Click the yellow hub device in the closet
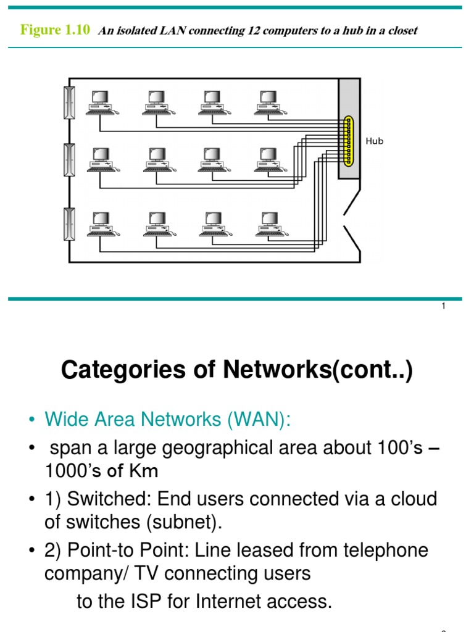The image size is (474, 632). tap(349, 141)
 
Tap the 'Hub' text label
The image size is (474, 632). tap(375, 141)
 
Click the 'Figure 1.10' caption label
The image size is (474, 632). tap(55, 30)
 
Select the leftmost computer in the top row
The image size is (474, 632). tap(101, 102)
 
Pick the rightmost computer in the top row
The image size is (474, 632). tap(269, 102)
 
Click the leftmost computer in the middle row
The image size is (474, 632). tap(101, 160)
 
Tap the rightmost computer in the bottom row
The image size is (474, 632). tap(269, 224)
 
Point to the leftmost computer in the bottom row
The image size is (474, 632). tap(101, 224)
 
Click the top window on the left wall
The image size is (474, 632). tap(69, 102)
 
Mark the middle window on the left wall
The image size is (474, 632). tap(69, 160)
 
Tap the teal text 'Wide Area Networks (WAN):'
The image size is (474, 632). tap(167, 420)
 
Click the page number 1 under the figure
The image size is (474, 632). tap(443, 307)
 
